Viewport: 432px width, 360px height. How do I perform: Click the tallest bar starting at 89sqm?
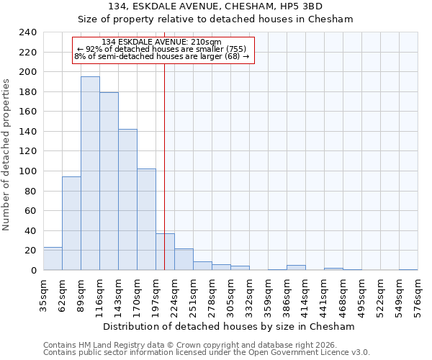coord(90,173)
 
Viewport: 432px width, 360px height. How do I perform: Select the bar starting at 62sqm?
coord(71,223)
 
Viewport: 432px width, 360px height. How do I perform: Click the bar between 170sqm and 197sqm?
coord(146,219)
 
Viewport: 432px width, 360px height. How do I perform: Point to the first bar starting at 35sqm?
coord(53,258)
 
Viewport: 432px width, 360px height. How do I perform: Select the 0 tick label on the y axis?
coord(33,270)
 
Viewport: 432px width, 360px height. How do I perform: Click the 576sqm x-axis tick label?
coord(418,295)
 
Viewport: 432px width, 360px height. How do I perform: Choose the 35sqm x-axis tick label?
coord(44,295)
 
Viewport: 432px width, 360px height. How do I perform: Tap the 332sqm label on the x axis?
coord(250,295)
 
